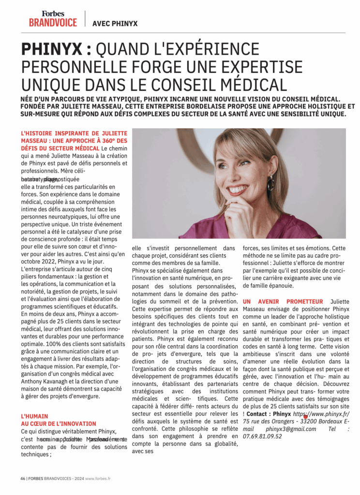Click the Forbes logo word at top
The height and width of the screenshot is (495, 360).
pos(53,14)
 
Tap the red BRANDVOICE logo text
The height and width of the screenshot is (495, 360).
pos(53,22)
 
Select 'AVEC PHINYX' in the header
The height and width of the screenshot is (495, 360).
pos(115,23)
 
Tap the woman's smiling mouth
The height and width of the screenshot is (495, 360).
pos(238,189)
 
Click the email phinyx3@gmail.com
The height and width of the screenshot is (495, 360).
pos(291,429)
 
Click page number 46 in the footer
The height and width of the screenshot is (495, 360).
pos(23,479)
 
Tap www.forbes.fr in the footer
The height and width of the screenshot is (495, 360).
pos(98,479)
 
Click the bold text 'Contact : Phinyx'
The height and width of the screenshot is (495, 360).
pos(268,414)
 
